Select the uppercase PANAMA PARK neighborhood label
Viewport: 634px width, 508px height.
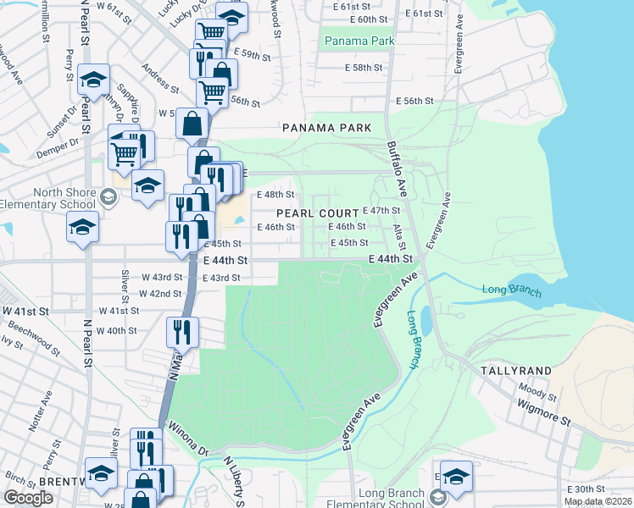[327, 128]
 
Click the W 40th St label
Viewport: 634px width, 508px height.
[117, 331]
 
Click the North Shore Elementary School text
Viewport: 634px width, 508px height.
[47, 197]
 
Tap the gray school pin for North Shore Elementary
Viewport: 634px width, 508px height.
[107, 197]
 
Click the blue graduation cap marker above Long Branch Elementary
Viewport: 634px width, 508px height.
[456, 477]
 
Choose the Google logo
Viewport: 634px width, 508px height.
[28, 498]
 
